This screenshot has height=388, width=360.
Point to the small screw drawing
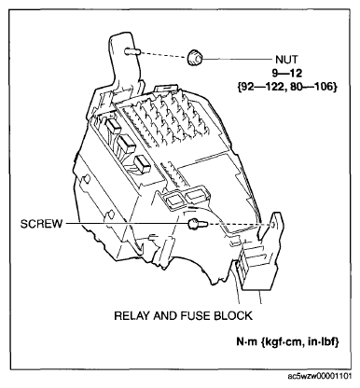pyautogui.click(x=195, y=225)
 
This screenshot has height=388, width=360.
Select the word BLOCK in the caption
pyautogui.click(x=229, y=315)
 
